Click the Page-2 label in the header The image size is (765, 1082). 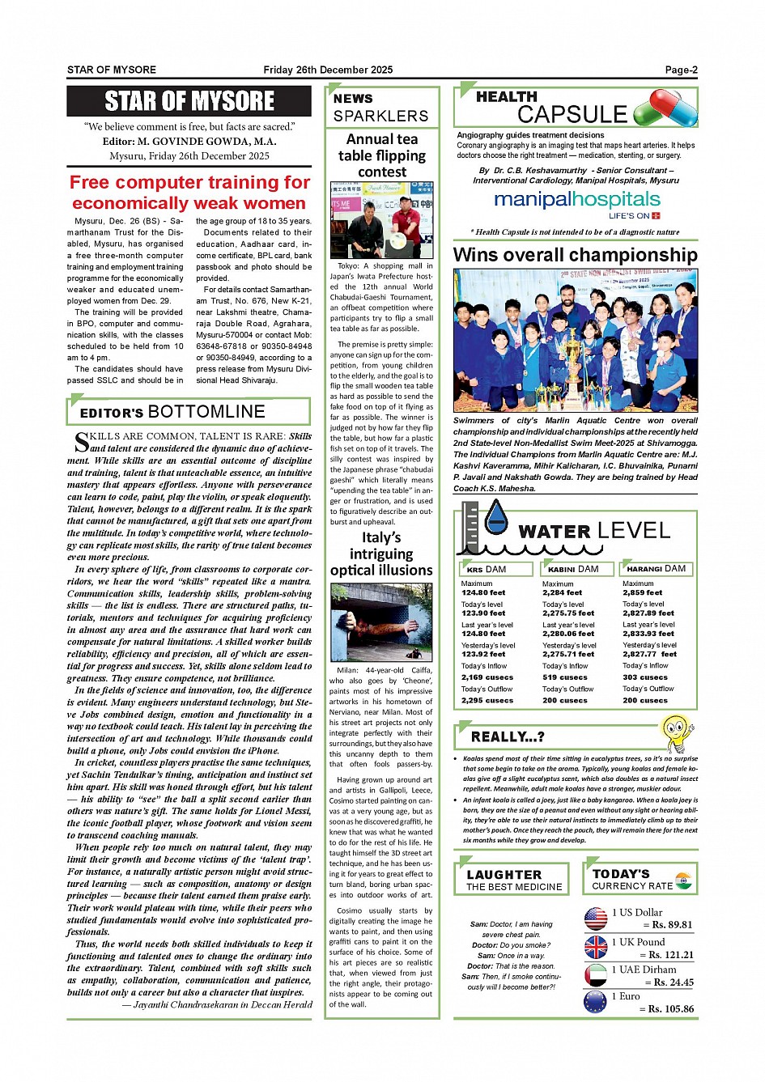[x=681, y=70]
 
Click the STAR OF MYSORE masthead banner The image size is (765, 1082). [x=189, y=101]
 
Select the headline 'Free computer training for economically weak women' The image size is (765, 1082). [x=189, y=193]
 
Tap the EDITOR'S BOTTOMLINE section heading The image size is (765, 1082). [x=172, y=412]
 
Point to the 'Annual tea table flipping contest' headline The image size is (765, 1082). [x=382, y=155]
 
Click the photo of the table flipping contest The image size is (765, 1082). [x=382, y=220]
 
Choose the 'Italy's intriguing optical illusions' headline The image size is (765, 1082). [x=381, y=554]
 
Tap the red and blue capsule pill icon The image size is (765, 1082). [x=665, y=108]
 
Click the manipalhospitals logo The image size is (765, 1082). [x=577, y=200]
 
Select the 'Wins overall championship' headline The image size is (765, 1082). [x=575, y=255]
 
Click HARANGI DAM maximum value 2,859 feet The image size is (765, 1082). [x=642, y=592]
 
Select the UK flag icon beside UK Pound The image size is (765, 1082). [x=596, y=947]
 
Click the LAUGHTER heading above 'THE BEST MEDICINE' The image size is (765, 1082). [x=504, y=875]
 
